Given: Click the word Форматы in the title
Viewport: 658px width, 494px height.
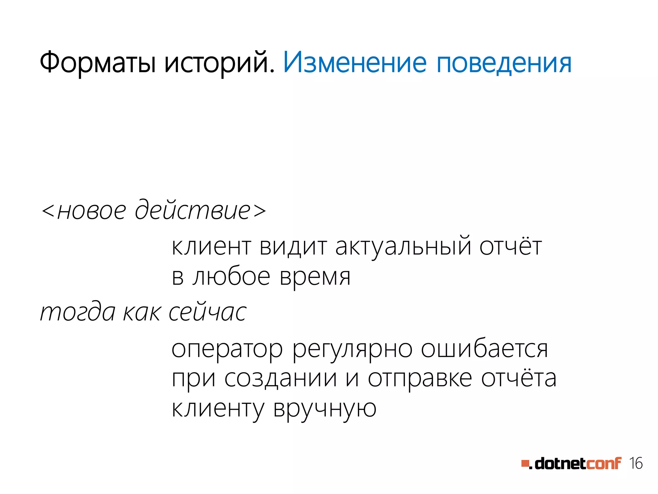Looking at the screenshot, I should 98,63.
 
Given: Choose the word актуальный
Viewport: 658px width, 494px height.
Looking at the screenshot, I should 403,247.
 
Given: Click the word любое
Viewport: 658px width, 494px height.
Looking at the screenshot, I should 231,277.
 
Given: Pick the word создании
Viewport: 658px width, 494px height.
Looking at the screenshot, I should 280,379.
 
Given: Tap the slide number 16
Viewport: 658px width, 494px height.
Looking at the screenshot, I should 636,463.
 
